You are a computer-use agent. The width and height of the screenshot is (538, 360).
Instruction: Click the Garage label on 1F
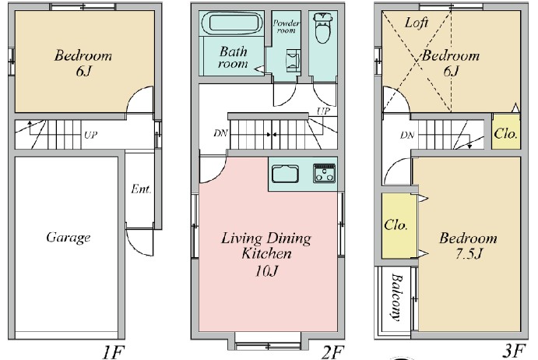[68, 238]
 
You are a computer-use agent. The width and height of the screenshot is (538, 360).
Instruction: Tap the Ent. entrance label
[141, 189]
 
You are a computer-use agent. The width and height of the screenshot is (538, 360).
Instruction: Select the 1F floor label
[114, 352]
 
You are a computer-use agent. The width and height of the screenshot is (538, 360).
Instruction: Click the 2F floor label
[332, 352]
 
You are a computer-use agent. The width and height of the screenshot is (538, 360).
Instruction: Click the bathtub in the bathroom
[231, 24]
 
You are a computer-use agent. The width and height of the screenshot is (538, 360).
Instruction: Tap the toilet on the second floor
[321, 30]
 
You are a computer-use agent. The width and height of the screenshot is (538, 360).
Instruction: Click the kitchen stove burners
[324, 174]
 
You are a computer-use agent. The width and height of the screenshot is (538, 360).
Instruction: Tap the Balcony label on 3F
[397, 297]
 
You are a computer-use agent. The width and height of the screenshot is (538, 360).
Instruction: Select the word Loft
[417, 23]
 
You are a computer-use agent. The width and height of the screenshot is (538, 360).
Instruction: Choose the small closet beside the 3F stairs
[506, 133]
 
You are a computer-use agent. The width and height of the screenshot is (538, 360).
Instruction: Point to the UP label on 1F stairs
[90, 134]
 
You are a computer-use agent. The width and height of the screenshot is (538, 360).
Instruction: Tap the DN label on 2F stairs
[221, 133]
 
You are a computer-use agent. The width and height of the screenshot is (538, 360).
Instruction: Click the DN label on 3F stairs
[407, 135]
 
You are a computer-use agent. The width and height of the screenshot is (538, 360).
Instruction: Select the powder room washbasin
[292, 59]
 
